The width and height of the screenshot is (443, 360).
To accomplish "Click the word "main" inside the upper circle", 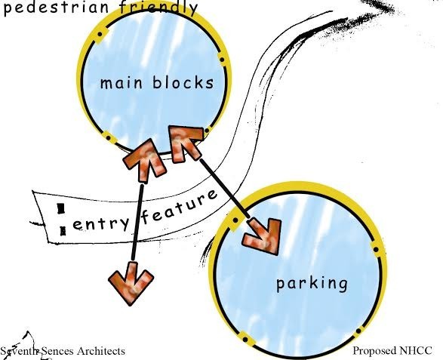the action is tap(122, 83).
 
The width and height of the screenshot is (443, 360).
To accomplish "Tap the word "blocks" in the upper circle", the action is tap(183, 82).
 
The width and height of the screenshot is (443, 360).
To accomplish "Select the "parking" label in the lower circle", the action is tap(312, 284).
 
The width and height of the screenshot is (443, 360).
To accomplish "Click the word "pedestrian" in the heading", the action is tap(55, 8).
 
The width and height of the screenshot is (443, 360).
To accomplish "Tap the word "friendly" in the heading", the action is tap(158, 8).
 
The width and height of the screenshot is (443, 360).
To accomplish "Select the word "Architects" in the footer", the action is tap(101, 351).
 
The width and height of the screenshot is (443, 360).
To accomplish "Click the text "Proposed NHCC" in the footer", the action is tap(392, 351).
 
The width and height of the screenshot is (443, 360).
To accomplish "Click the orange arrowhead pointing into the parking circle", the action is tap(263, 236).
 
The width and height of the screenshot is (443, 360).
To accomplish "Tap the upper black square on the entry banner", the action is tap(60, 209).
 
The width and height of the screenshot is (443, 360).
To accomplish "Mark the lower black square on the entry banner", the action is tap(63, 231).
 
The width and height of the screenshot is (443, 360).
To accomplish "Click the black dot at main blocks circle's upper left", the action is tap(100, 35).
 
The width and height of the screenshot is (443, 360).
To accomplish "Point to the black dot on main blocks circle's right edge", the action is tap(222, 60).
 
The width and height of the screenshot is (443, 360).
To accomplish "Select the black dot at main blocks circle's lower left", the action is tap(108, 137).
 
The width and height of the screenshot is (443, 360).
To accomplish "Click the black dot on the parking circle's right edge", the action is tap(376, 250).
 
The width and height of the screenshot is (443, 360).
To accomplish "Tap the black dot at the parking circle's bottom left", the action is tap(245, 340).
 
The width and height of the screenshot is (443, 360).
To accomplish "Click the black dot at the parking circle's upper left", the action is tap(235, 220).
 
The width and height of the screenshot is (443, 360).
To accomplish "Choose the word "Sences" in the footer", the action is tap(58, 351).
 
